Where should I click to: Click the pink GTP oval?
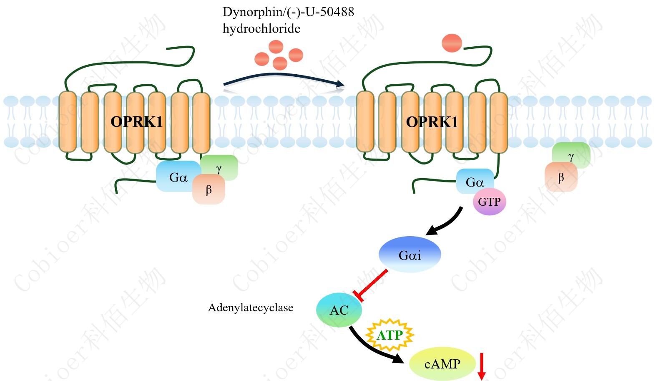tap(489, 202)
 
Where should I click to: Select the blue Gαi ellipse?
tap(410, 255)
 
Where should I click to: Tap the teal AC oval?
tap(339, 310)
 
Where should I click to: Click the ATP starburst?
tap(390, 335)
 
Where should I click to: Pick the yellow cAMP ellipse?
tap(442, 364)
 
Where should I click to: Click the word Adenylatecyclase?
tap(251, 308)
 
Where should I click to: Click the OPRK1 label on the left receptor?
tap(136, 121)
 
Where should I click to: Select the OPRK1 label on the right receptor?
tap(432, 122)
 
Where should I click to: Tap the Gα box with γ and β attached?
tap(178, 177)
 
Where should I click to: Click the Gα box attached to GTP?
tap(475, 182)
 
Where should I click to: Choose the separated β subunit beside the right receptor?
tap(561, 177)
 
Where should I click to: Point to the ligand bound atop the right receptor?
tap(452, 43)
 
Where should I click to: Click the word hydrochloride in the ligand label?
tap(261, 29)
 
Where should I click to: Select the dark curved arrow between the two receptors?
tap(284, 77)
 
